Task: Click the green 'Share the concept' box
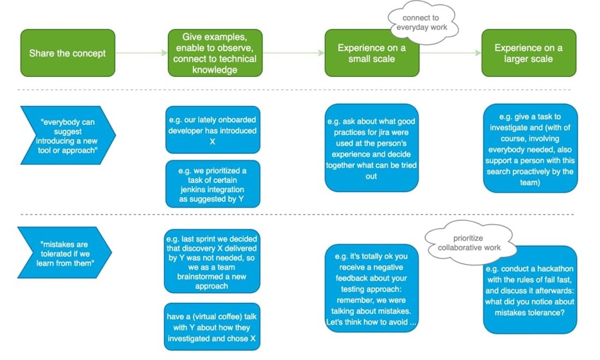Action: tap(68, 53)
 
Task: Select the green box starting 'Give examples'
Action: tap(215, 53)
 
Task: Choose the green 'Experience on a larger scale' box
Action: tap(529, 53)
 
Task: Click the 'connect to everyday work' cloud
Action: tap(422, 22)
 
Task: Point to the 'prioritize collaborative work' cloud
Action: tap(469, 243)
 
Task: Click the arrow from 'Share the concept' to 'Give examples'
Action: tap(142, 53)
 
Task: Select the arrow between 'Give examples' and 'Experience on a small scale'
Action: tap(294, 53)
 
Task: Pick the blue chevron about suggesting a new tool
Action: tap(68, 135)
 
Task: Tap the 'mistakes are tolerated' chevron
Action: tap(65, 252)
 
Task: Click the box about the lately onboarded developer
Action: tap(213, 130)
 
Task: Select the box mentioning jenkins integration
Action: tap(213, 184)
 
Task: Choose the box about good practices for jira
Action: tap(372, 148)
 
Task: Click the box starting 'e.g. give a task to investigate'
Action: tap(530, 148)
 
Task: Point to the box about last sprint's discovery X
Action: tap(212, 261)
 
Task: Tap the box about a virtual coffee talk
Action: tap(212, 327)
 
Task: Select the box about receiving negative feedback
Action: tap(372, 288)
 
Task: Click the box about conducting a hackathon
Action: tap(530, 290)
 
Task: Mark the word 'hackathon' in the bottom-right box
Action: tap(555, 268)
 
